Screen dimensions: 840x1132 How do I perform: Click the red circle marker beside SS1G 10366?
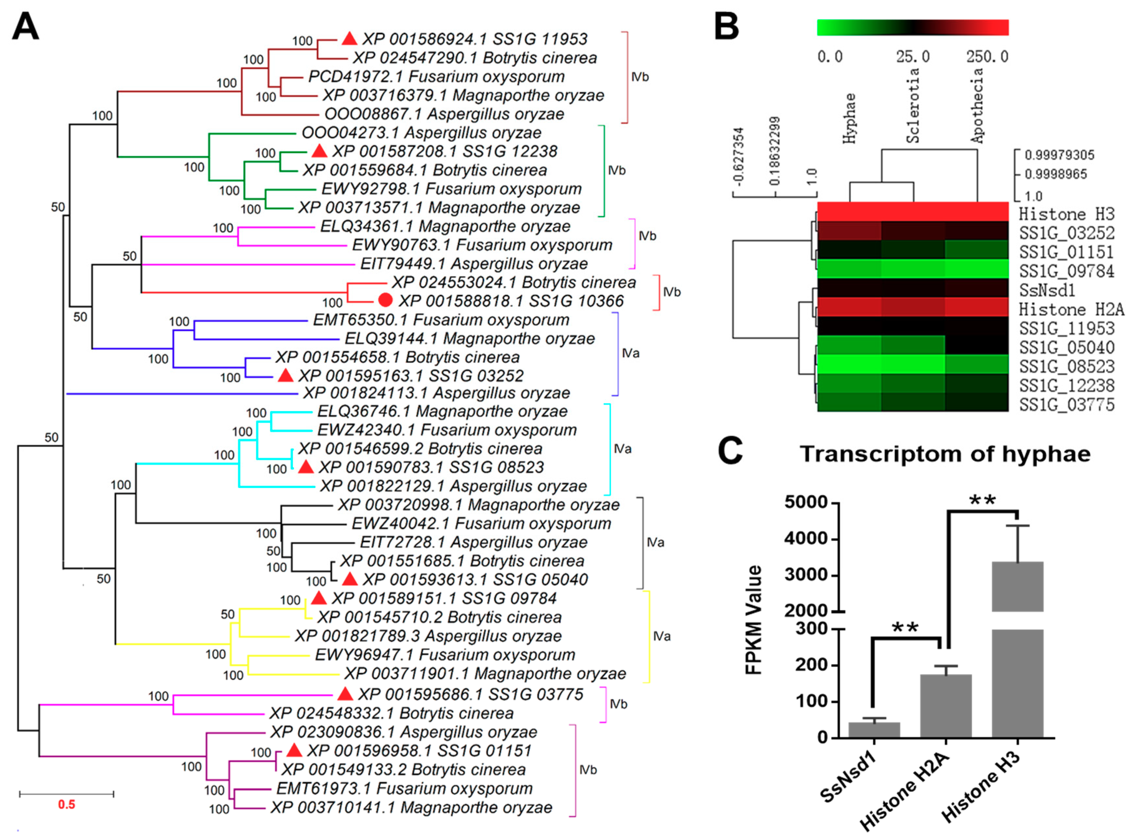coord(385,301)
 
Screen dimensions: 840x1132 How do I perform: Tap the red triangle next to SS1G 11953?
coord(349,39)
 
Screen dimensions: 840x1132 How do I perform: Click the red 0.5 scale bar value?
coord(66,804)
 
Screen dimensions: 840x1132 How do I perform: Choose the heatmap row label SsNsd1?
coord(1047,290)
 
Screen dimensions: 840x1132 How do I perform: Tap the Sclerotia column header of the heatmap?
coord(913,106)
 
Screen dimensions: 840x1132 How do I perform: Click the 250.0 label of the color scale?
coord(987,56)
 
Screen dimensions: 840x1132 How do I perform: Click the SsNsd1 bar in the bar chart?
coord(874,729)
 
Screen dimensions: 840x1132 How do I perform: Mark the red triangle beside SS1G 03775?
coord(345,693)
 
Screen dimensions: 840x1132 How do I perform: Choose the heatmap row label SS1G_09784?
coord(1066,271)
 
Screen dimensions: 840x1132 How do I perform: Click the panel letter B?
coord(727,26)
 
